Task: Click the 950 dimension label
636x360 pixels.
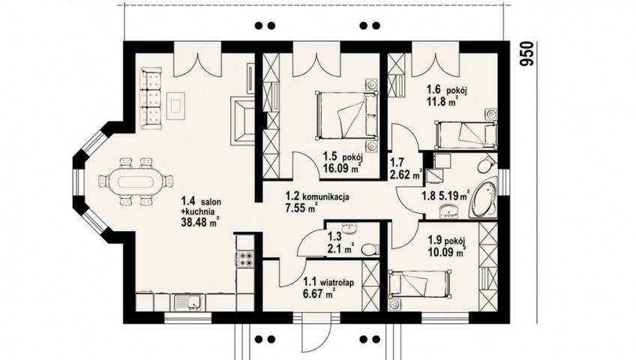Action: pos(526,53)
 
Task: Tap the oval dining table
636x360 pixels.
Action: pos(136,181)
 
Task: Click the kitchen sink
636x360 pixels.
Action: pos(190,303)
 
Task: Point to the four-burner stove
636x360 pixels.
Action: pos(245,258)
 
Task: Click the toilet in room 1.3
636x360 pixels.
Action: pos(369,249)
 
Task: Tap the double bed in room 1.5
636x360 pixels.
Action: pos(346,115)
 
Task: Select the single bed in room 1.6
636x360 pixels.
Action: pos(466,134)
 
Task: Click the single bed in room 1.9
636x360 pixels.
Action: pos(419,284)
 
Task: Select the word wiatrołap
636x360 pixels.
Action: pos(336,282)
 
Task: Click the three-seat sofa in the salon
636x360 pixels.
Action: pos(151,98)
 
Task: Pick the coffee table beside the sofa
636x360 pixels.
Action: pos(176,106)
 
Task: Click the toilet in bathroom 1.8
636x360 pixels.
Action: pos(485,165)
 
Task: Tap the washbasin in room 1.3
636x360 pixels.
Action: pos(349,229)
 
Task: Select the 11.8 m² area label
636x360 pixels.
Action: pos(439,101)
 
